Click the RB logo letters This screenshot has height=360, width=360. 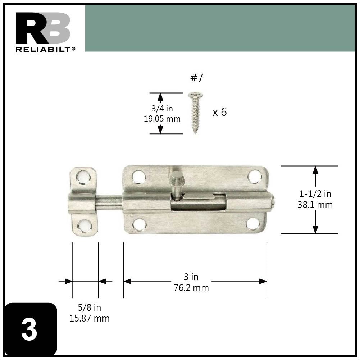(43, 28)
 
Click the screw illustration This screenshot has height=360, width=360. (195, 112)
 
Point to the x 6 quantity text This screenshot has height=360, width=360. (219, 112)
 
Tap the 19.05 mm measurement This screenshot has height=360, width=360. (162, 119)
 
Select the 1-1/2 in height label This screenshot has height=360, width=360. (315, 194)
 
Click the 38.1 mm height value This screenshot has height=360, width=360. (315, 205)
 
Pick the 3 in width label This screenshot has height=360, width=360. (191, 277)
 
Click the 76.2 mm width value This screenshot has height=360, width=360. (191, 288)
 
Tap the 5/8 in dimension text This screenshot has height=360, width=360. (89, 307)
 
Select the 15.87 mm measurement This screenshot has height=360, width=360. (89, 318)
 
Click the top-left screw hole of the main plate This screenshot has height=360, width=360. (138, 176)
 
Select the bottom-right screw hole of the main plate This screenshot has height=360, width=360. (253, 224)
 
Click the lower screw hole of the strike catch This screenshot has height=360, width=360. (83, 226)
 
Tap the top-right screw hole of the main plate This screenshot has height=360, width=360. (255, 176)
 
